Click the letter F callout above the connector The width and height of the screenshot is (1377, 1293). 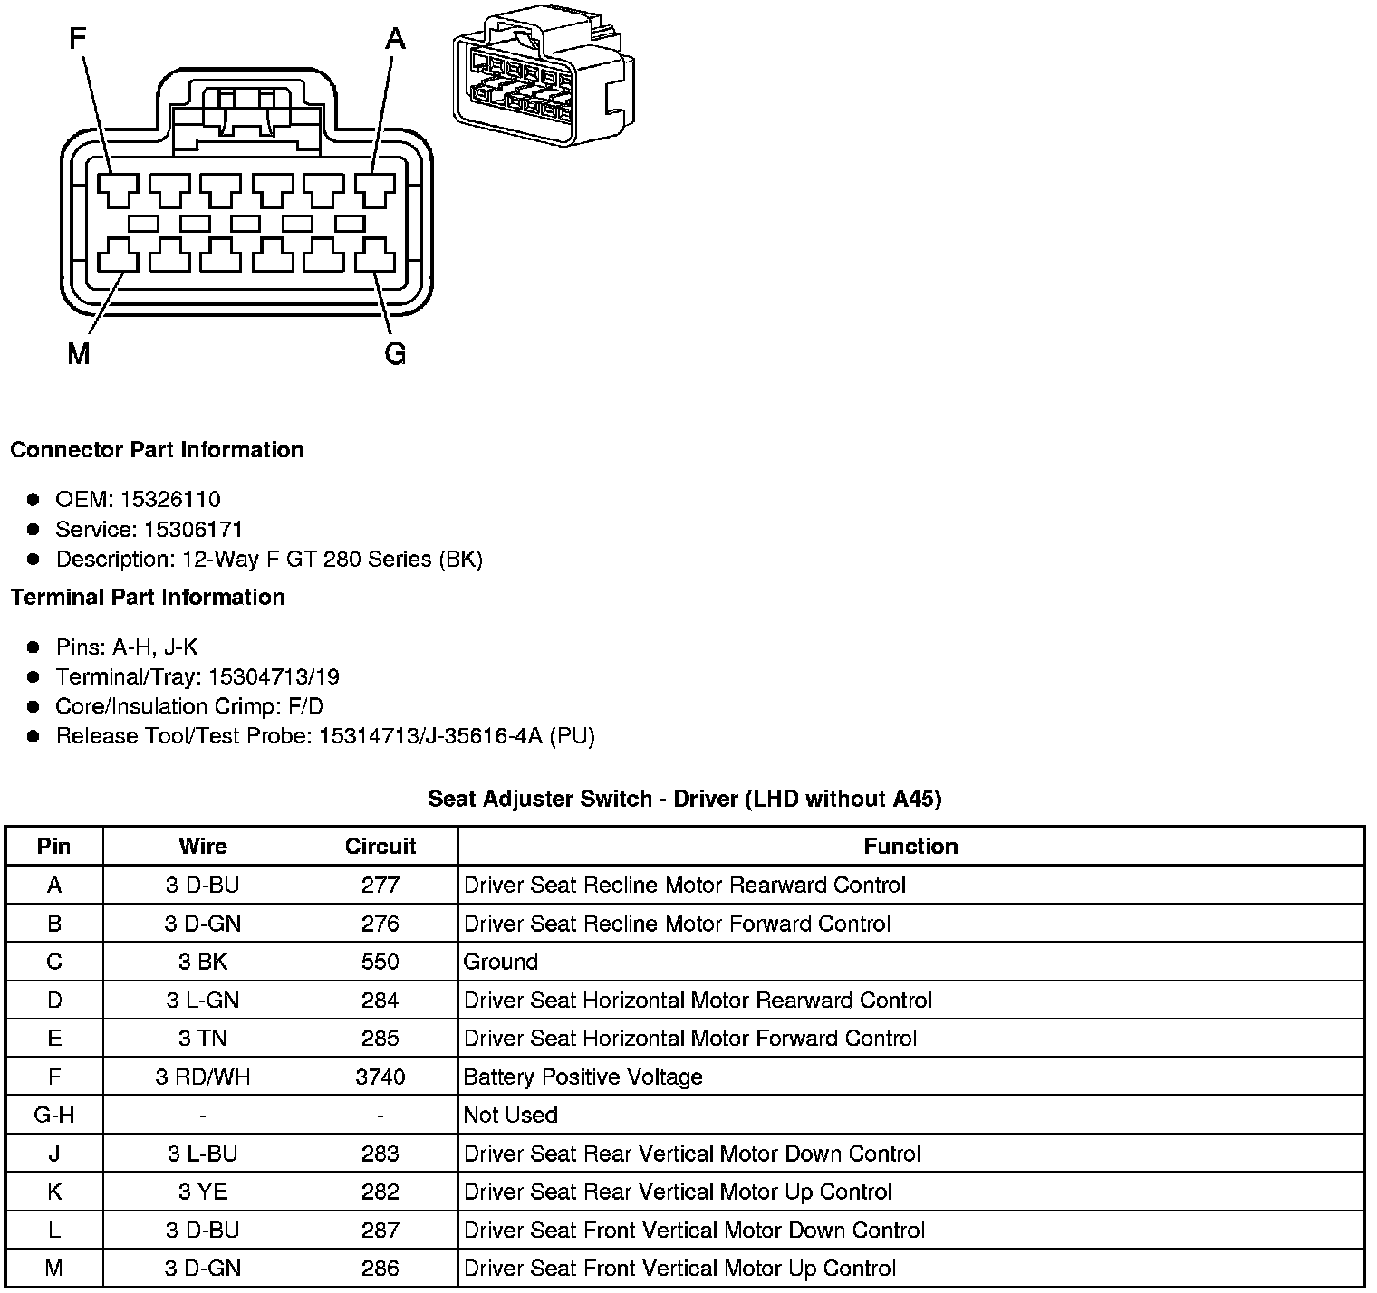click(x=79, y=39)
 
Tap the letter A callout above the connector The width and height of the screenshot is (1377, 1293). click(x=395, y=39)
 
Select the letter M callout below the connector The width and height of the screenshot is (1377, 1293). click(x=79, y=354)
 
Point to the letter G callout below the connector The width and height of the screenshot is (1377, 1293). click(x=395, y=354)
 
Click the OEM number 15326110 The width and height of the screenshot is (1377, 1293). click(x=170, y=500)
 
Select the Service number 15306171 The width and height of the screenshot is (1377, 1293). click(x=193, y=530)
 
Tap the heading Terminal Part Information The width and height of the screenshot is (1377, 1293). click(x=148, y=598)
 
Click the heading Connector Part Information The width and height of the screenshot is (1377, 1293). click(x=157, y=450)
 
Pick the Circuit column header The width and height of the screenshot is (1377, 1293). click(x=380, y=847)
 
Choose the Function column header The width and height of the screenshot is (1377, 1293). click(x=910, y=847)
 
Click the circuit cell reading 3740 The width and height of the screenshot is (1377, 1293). click(x=380, y=1077)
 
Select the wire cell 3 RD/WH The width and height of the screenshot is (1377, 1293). click(x=203, y=1077)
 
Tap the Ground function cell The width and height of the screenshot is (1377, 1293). click(x=501, y=962)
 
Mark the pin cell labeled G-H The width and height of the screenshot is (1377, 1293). click(x=54, y=1116)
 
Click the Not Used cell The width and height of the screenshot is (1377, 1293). click(x=510, y=1116)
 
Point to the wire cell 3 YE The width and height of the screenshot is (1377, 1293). click(x=203, y=1192)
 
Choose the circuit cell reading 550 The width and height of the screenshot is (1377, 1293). click(x=380, y=962)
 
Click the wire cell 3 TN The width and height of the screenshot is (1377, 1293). click(x=203, y=1039)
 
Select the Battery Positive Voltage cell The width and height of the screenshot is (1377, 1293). click(x=583, y=1077)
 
